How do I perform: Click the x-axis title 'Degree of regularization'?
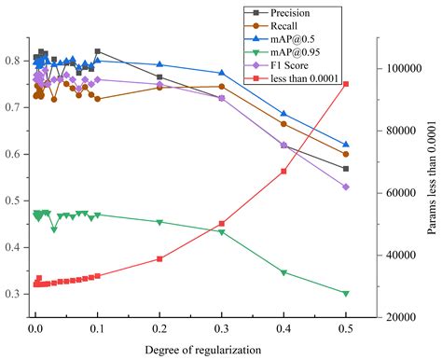point(202,349)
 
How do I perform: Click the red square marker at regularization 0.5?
point(346,84)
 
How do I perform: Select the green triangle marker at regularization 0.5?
point(346,294)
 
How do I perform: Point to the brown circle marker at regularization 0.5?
point(346,154)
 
